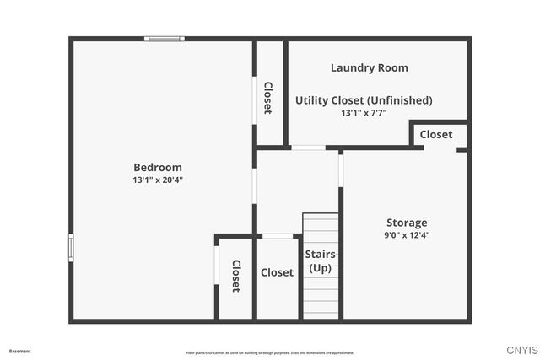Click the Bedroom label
[157, 167]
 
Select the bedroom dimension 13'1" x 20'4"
[157, 180]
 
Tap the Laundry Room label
[369, 67]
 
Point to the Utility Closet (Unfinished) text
[364, 100]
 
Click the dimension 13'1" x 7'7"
[364, 113]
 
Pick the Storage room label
[407, 223]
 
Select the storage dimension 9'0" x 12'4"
[407, 235]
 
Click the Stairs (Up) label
[320, 261]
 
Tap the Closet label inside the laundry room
[436, 134]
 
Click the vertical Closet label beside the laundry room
[268, 98]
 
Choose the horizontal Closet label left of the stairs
[277, 272]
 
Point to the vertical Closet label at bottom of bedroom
[236, 276]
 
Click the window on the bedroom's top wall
[164, 38]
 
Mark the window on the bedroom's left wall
[71, 247]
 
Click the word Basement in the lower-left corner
[19, 351]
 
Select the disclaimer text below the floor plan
[270, 352]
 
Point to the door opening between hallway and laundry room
[308, 148]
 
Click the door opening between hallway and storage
[341, 169]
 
